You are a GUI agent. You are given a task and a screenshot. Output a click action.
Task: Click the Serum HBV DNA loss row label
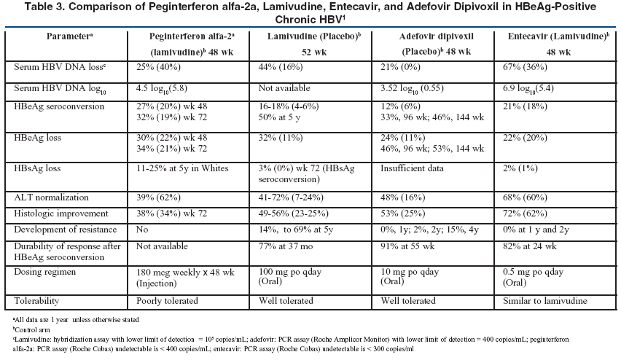60,67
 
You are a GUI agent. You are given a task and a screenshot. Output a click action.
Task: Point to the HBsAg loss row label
37,168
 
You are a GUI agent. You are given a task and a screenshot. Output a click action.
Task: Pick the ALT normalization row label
51,197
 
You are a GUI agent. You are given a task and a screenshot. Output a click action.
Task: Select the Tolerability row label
36,301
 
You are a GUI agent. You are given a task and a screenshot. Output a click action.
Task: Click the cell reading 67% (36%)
525,67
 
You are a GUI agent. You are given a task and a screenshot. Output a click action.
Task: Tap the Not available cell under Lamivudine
284,88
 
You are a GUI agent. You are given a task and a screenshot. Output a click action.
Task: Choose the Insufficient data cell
412,168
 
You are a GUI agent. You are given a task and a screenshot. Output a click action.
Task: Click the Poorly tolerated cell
167,301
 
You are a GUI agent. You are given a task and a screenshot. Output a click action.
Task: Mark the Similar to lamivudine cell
545,301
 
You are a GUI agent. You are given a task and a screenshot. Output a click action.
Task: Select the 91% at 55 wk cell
407,246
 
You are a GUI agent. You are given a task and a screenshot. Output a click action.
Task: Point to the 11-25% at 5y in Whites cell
182,168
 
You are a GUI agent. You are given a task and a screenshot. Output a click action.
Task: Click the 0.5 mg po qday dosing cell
533,273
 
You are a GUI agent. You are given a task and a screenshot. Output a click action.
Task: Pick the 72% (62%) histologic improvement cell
525,214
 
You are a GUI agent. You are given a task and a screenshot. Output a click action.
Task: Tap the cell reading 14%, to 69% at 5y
295,230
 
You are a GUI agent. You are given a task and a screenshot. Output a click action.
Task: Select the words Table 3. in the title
44,7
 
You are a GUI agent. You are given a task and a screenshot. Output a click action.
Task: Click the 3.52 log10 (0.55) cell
412,88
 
